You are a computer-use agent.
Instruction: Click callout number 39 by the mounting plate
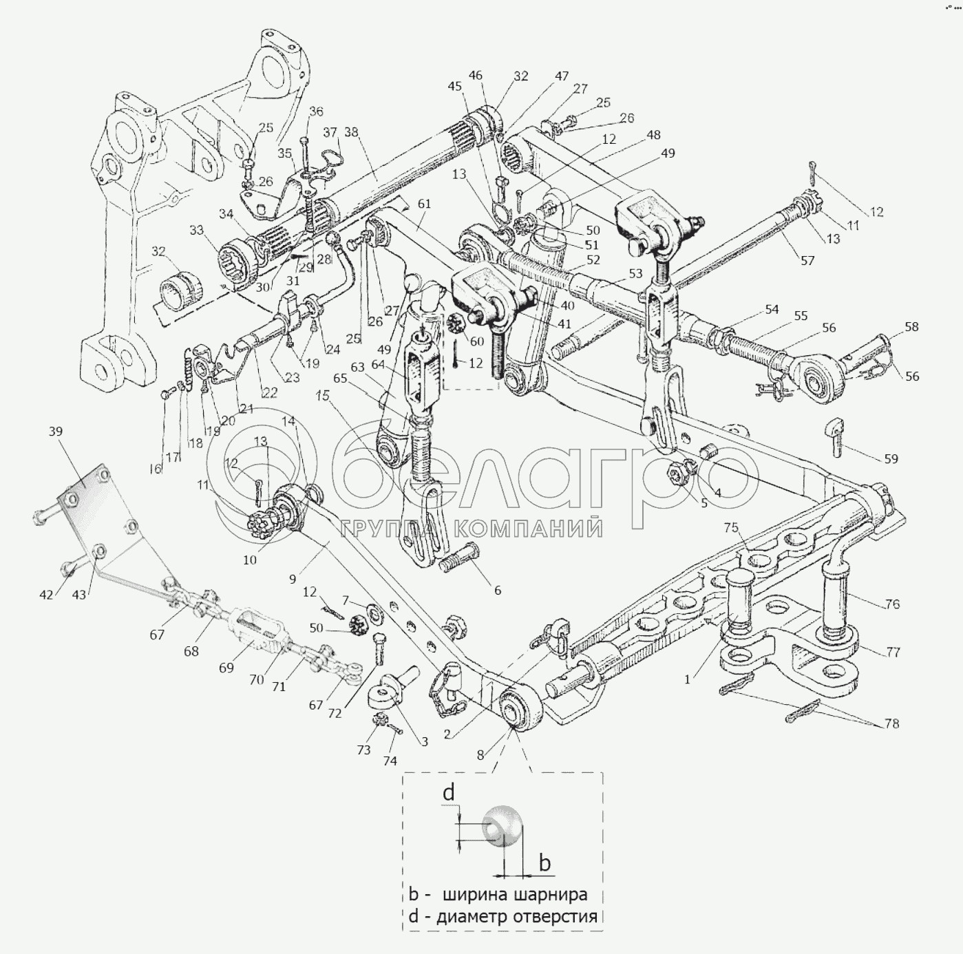point(56,432)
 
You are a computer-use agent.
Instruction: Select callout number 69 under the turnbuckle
point(226,667)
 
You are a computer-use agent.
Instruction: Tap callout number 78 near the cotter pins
point(892,724)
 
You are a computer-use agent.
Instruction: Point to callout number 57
point(807,260)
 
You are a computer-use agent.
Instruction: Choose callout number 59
point(891,458)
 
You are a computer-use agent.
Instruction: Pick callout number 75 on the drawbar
point(730,528)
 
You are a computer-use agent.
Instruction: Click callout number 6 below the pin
point(497,590)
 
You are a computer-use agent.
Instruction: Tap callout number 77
point(893,652)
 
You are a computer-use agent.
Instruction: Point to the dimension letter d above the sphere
point(449,794)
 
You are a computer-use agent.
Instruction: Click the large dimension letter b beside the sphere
point(544,862)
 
